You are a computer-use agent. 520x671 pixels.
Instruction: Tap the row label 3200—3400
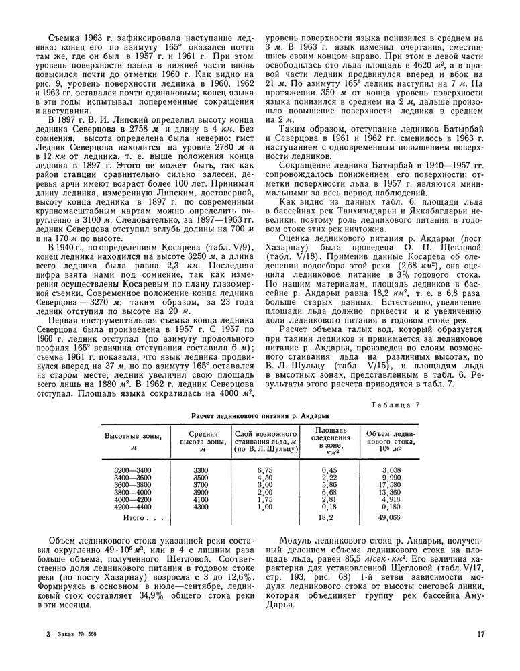[x=133, y=470]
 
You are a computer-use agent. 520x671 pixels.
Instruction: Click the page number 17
[x=481, y=633]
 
